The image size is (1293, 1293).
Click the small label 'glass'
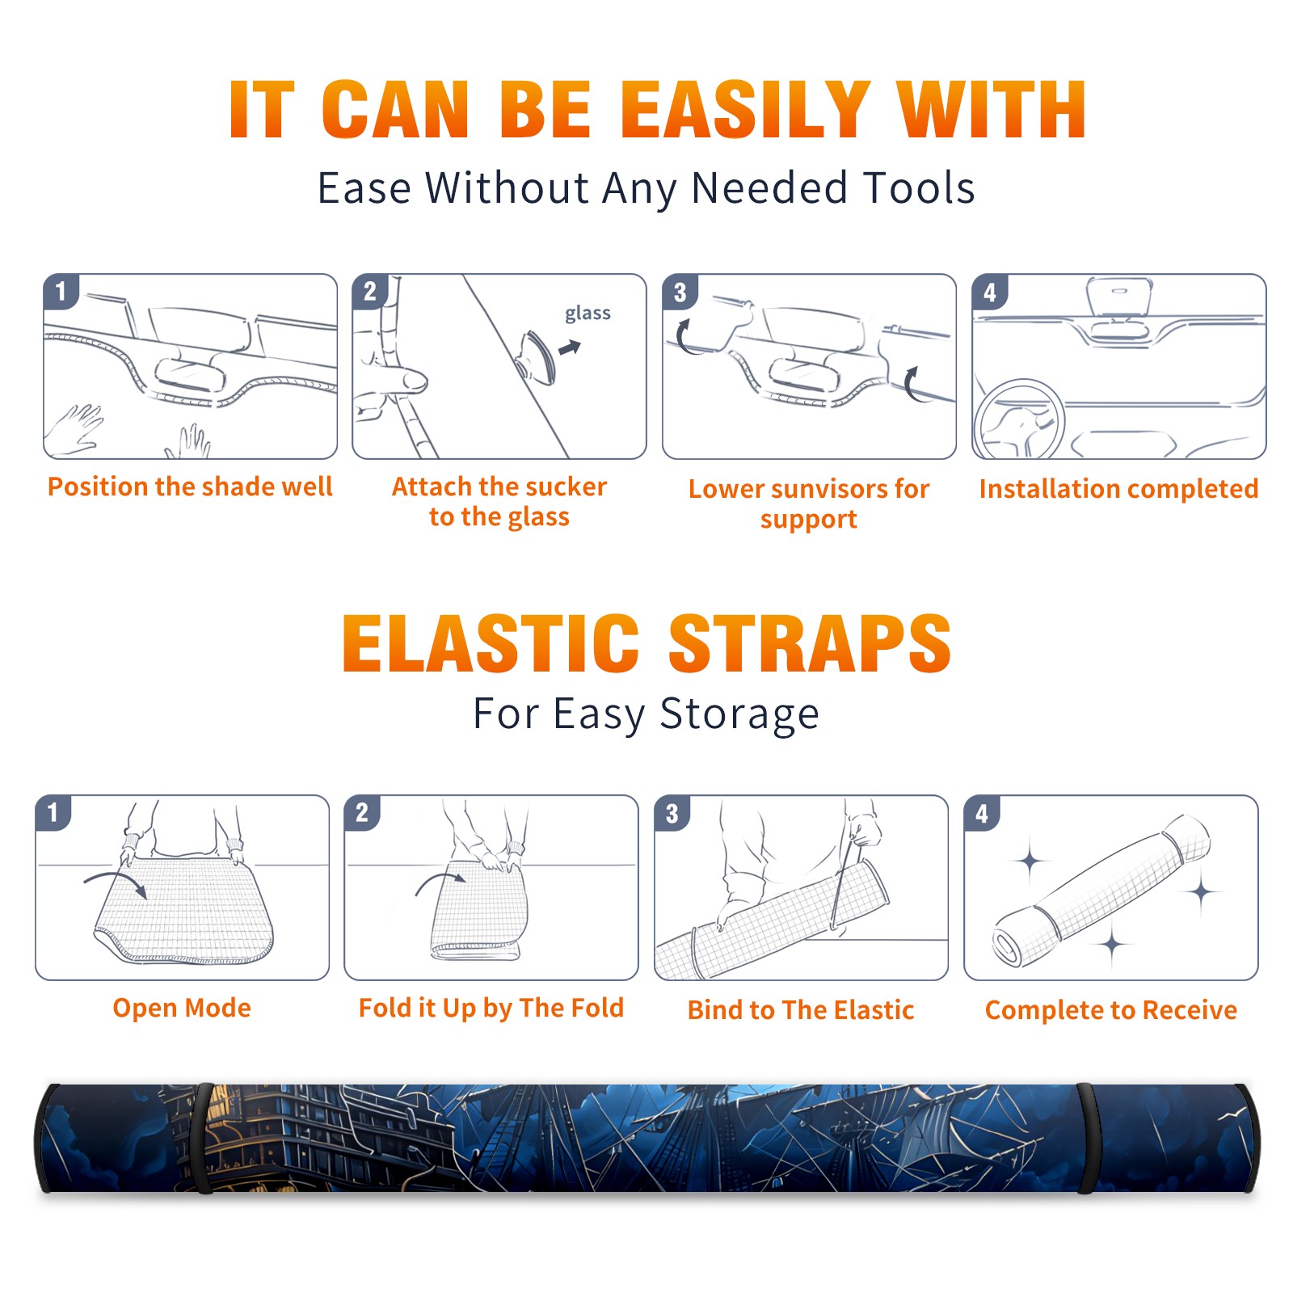[588, 313]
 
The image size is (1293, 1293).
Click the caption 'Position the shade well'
[190, 486]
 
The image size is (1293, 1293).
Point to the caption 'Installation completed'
[1118, 488]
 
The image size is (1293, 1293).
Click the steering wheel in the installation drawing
[1019, 420]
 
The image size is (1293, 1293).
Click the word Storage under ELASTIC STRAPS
[739, 714]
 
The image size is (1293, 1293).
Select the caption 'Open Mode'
[182, 1008]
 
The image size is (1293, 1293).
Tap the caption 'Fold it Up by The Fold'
[491, 1008]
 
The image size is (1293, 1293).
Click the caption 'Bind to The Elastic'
[801, 1009]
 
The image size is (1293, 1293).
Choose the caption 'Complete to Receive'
[1111, 1010]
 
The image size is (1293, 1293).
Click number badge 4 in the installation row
[990, 292]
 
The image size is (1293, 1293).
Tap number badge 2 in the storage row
[362, 812]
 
